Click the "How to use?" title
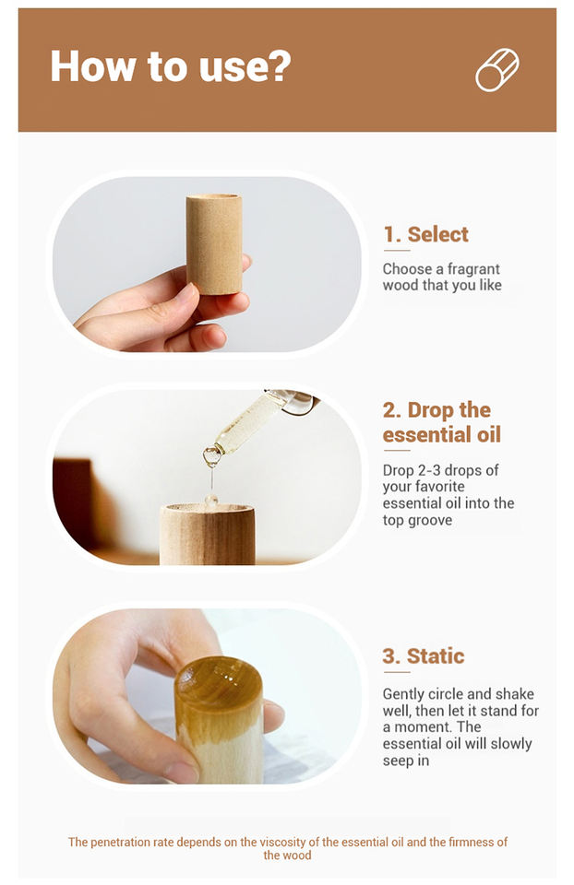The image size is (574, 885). tap(171, 66)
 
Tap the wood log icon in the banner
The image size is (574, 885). tap(497, 69)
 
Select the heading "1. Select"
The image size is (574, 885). tap(426, 234)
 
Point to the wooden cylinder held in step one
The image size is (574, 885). tap(214, 243)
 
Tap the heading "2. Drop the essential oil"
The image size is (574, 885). tap(442, 422)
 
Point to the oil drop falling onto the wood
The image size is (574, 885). tap(211, 500)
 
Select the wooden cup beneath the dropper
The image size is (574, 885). tap(208, 534)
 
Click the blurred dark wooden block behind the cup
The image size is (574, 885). tap(74, 502)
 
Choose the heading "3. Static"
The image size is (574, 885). tap(424, 656)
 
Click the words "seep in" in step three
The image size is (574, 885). tap(406, 761)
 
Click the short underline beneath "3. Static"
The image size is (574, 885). tap(397, 672)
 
